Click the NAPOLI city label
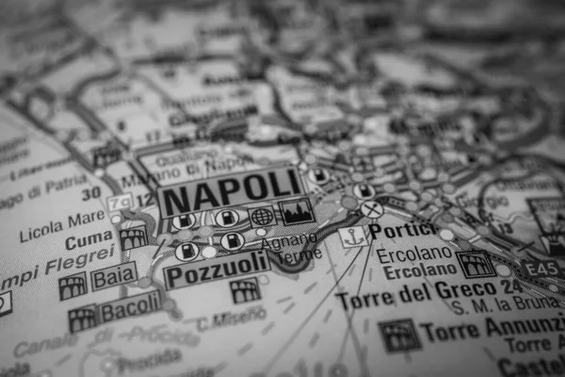230,192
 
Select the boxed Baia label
114,277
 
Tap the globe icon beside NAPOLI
262,216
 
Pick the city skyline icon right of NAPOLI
298,212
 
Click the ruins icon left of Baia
73,286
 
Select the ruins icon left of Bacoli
83,319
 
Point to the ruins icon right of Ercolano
475,263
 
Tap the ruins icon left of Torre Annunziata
399,335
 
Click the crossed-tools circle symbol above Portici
372,209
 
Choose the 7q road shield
119,201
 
